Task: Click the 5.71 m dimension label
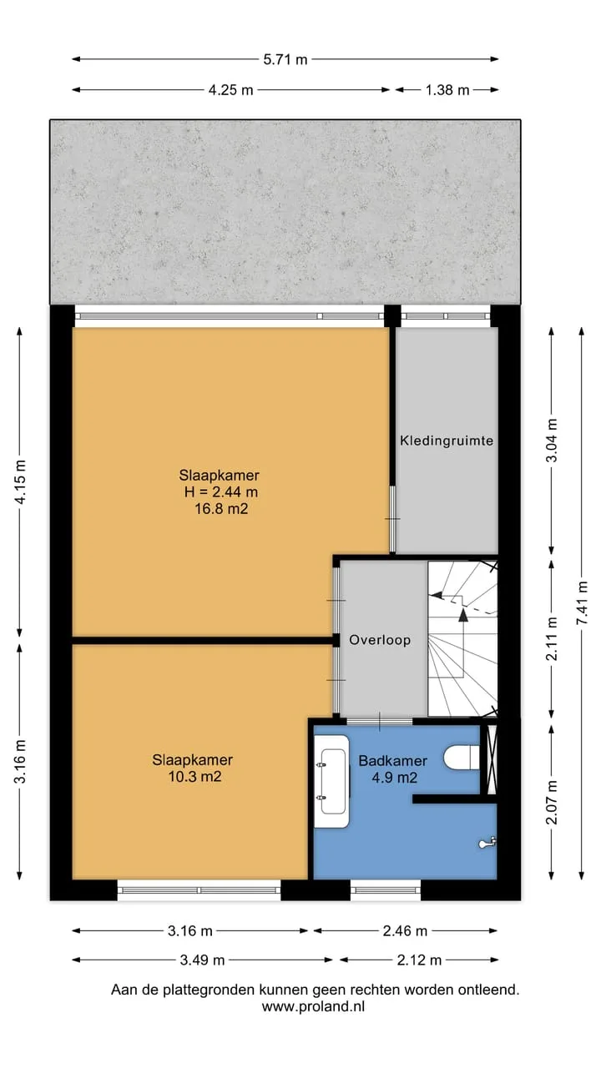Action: click(285, 59)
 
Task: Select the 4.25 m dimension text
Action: click(231, 89)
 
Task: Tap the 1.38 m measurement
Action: click(447, 89)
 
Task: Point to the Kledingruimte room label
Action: click(447, 441)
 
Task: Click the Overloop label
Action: click(380, 640)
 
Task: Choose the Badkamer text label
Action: click(392, 760)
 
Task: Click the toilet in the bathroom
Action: click(462, 757)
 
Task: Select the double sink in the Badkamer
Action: click(332, 782)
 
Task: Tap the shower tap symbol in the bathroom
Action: click(487, 844)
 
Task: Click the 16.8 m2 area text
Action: click(221, 509)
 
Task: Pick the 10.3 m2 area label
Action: click(194, 777)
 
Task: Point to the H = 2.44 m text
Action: click(221, 491)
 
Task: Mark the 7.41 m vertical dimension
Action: click(582, 603)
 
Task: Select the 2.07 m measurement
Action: click(552, 803)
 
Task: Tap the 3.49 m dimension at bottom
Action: click(202, 960)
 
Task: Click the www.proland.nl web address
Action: click(313, 1006)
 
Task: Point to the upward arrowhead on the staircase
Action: click(463, 615)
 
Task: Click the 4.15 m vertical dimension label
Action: click(20, 482)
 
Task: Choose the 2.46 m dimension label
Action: click(405, 930)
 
